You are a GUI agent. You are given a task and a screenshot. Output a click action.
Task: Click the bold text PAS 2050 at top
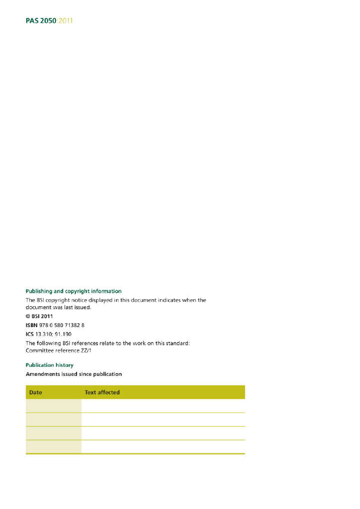[x=41, y=21]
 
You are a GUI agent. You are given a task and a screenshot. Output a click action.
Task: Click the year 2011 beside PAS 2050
[x=66, y=21]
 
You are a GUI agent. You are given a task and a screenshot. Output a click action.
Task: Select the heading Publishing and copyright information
[x=74, y=291]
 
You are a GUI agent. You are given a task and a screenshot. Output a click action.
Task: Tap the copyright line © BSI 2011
[x=39, y=316]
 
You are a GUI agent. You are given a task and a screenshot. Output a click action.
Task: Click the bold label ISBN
[x=31, y=325]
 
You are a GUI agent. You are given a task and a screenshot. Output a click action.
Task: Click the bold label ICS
[x=30, y=334]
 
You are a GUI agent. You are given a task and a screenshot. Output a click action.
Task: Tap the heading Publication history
[x=50, y=365]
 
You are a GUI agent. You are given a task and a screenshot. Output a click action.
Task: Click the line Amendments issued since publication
[x=74, y=374]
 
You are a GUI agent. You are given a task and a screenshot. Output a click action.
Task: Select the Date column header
[x=36, y=392]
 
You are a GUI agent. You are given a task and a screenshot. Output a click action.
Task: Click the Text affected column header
[x=102, y=392]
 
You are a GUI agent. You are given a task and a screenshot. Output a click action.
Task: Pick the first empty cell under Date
[x=53, y=406]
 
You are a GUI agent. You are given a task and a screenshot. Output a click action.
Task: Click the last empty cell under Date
[x=53, y=446]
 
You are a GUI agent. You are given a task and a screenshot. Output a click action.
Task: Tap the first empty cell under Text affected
[x=163, y=406]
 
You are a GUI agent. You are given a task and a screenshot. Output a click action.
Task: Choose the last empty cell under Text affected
[x=163, y=446]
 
